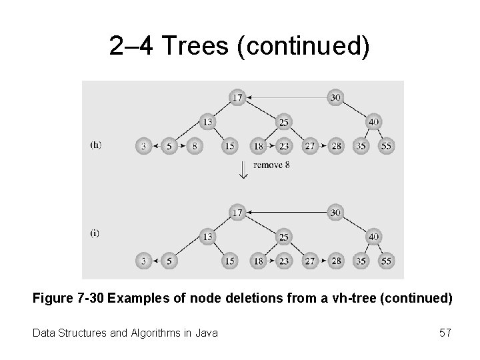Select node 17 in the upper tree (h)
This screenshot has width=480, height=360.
click(x=237, y=97)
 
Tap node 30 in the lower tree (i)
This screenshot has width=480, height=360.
click(x=336, y=213)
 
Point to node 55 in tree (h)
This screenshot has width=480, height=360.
click(x=386, y=146)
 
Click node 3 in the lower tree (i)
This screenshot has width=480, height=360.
click(x=144, y=261)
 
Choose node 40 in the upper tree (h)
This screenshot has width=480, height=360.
click(x=374, y=122)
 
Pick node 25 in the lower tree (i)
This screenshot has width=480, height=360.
click(x=283, y=237)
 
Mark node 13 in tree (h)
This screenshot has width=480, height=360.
click(x=207, y=122)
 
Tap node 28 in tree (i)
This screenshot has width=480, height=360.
click(x=336, y=261)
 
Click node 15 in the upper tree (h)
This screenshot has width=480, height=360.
click(x=230, y=146)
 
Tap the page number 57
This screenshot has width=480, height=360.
click(x=444, y=331)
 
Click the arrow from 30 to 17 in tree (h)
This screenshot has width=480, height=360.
click(x=287, y=97)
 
